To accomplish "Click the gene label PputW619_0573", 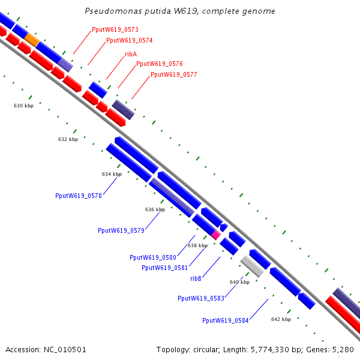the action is (115, 29).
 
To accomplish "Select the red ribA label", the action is (131, 54).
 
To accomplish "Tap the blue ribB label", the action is (196, 278).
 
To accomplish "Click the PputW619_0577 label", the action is (174, 74).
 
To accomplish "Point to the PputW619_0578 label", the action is (79, 196).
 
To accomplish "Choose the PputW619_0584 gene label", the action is (226, 320).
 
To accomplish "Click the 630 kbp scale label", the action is (23, 106).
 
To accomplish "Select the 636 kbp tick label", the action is (155, 209).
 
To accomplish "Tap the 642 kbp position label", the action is (281, 319).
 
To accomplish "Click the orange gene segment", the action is (32, 40).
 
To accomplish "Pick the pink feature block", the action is (216, 235).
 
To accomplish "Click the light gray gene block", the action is (252, 266).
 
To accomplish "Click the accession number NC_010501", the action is (65, 350).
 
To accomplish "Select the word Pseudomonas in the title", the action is (113, 11).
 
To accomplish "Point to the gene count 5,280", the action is (343, 350).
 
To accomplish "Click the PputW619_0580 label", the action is (153, 257).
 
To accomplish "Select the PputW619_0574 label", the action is (130, 40).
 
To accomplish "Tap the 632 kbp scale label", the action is (68, 139).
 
